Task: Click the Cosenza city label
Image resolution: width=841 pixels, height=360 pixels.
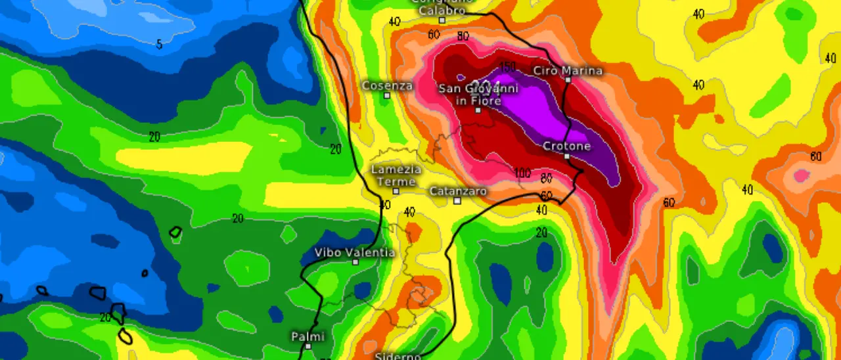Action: pos(388,85)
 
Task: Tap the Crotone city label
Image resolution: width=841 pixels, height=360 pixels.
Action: pos(566,146)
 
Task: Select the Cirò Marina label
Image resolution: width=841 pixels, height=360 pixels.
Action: pos(568,70)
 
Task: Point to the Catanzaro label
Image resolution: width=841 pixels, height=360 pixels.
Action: pos(458,191)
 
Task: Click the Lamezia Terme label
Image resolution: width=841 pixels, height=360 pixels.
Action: pos(396,175)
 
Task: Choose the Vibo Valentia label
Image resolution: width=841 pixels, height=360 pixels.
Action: pos(355,252)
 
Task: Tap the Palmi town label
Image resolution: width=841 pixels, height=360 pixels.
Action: pos(307,336)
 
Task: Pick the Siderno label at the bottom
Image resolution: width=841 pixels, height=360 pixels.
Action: pos(398,356)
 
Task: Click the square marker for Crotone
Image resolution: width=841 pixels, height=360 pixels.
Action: pos(566,156)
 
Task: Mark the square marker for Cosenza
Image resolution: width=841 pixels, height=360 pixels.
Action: pos(387,95)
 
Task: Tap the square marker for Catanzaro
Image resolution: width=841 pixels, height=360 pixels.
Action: pos(457,200)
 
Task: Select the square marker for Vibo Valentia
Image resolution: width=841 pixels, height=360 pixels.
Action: pos(355,261)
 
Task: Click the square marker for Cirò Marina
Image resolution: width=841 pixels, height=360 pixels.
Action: pos(568,79)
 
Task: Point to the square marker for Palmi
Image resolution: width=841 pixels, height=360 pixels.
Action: pos(307,346)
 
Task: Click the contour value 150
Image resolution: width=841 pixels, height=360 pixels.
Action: pos(507,67)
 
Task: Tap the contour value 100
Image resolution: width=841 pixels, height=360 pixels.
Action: pos(522,173)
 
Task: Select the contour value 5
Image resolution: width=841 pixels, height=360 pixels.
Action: pos(159,45)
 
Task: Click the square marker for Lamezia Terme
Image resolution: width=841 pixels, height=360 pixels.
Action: pos(396,191)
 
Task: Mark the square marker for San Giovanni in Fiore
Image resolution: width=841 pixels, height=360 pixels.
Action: pos(478,110)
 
